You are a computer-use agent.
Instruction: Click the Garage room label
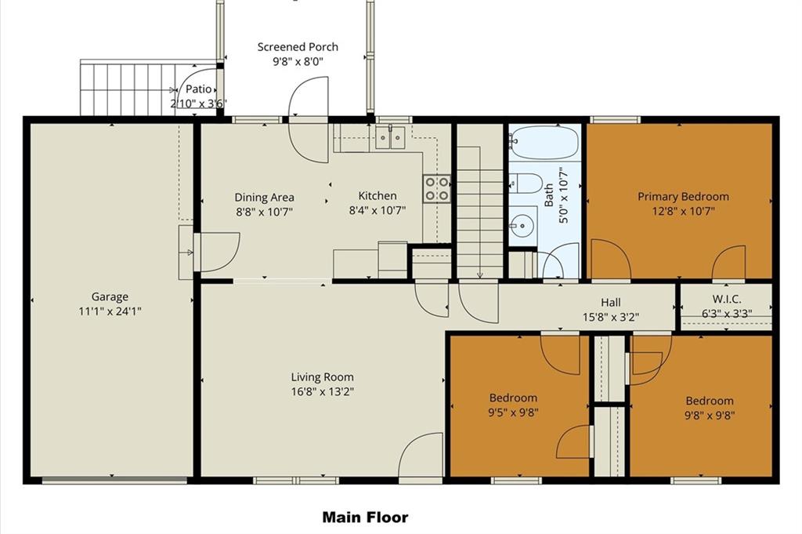pos(110,297)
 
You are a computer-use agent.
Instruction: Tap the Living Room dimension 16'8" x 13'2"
pos(322,392)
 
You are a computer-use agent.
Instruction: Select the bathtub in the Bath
pos(545,143)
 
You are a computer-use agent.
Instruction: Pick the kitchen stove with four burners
pos(437,188)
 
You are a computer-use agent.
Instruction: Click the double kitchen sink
pos(390,138)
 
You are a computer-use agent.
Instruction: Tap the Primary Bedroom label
pos(683,197)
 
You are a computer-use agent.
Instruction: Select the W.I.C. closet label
pos(726,300)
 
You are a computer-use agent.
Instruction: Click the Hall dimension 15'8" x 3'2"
pos(611,318)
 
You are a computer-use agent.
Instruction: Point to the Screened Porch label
pos(298,47)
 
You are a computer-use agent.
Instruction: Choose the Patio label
pos(198,89)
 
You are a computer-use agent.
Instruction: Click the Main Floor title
pos(365,518)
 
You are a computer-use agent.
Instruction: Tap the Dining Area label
pos(265,198)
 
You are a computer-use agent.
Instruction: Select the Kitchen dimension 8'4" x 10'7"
pos(378,210)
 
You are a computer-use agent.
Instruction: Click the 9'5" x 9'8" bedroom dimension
pos(513,412)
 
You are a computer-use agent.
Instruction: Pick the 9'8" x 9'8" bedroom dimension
pos(710,416)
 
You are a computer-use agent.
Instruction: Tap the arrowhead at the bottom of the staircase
pos(480,275)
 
